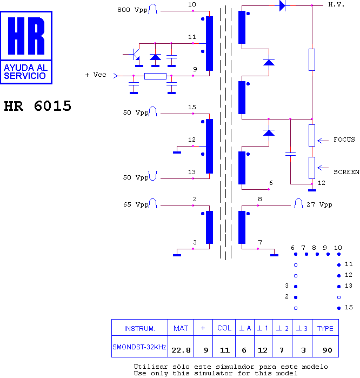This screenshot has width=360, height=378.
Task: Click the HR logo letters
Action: (26, 36)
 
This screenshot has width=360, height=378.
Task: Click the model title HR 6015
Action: (38, 106)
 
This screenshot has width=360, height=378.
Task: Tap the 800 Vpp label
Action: (132, 10)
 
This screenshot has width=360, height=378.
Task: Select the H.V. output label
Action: (336, 4)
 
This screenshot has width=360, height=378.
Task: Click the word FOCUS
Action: (344, 140)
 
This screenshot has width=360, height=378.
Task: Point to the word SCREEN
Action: (346, 172)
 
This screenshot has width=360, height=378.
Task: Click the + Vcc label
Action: (96, 75)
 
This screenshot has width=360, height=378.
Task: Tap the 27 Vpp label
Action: (319, 204)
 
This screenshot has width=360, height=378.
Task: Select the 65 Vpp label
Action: (136, 204)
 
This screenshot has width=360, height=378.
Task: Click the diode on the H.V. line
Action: (282, 5)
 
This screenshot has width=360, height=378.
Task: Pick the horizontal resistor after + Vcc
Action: (155, 76)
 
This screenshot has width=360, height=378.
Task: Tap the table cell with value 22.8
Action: (181, 347)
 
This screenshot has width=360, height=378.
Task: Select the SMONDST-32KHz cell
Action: (139, 347)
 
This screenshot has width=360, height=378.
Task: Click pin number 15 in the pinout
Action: (349, 307)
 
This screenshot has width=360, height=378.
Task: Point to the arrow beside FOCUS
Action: (323, 141)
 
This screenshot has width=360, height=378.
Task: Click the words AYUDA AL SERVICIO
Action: (25, 72)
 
